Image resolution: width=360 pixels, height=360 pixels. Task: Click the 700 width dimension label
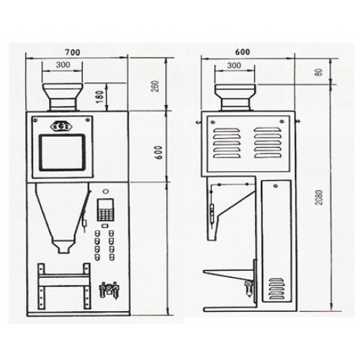(x=73, y=52)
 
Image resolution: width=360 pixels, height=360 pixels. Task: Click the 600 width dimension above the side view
(x=243, y=52)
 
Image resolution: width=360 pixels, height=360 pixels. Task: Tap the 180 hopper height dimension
(x=100, y=96)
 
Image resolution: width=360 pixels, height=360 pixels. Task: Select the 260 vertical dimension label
(x=156, y=86)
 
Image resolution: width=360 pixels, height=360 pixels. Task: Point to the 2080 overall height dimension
(x=320, y=197)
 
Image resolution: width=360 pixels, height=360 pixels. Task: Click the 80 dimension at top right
(x=320, y=72)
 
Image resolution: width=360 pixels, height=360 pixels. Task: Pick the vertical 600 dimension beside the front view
(x=160, y=152)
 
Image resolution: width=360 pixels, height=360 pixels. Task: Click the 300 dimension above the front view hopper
(x=63, y=65)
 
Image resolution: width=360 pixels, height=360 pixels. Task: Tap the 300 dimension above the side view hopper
(x=234, y=66)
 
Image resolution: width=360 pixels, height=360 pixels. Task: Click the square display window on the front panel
(x=63, y=152)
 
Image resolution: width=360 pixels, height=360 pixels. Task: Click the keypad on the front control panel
(x=105, y=210)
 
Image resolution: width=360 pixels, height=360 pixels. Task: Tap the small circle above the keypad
(x=105, y=192)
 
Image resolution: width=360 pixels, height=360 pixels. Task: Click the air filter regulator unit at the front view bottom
(x=109, y=290)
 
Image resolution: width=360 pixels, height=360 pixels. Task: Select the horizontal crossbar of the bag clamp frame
(x=64, y=279)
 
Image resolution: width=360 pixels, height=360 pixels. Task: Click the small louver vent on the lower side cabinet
(x=276, y=289)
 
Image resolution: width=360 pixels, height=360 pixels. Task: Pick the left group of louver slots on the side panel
(x=226, y=143)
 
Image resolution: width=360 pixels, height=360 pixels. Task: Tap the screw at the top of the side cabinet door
(x=276, y=186)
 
